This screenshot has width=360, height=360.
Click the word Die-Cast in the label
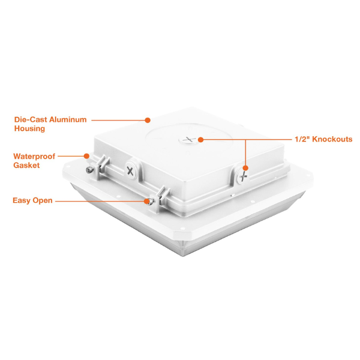pyautogui.click(x=31, y=119)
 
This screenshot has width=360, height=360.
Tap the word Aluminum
pyautogui.click(x=68, y=119)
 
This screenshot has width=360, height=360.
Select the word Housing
pyautogui.click(x=29, y=128)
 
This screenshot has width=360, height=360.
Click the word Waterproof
pyautogui.click(x=34, y=157)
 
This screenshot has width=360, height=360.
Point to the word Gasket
pyautogui.click(x=26, y=165)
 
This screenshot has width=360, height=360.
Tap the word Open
pyautogui.click(x=42, y=200)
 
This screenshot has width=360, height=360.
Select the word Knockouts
pyautogui.click(x=332, y=139)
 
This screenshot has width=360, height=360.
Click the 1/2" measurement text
pyautogui.click(x=302, y=139)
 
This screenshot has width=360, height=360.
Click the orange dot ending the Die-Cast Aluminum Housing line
pyautogui.click(x=148, y=120)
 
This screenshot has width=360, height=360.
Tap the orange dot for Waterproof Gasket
pyautogui.click(x=86, y=156)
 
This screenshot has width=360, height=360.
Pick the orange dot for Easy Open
pyautogui.click(x=146, y=201)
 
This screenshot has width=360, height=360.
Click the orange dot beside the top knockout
pyautogui.click(x=200, y=140)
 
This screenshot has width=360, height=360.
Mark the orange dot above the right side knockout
pyautogui.click(x=245, y=168)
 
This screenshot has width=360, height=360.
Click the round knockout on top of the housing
pyautogui.click(x=188, y=140)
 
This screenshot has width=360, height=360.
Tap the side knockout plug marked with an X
pyautogui.click(x=130, y=171)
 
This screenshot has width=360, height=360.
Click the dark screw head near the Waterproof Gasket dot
pyautogui.click(x=89, y=170)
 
